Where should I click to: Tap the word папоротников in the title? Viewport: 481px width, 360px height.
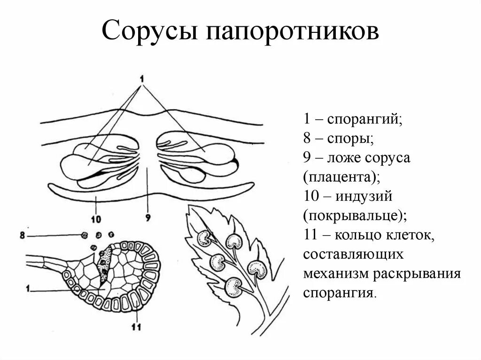click(291, 31)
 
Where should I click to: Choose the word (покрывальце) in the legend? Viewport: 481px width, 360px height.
click(355, 216)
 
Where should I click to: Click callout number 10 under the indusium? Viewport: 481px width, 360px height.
click(96, 219)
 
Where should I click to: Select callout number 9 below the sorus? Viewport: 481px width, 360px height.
click(147, 218)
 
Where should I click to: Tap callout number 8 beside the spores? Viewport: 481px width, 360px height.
click(22, 234)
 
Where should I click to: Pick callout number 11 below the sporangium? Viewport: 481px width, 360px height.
click(137, 327)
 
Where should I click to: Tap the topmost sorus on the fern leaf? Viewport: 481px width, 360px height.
click(233, 241)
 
